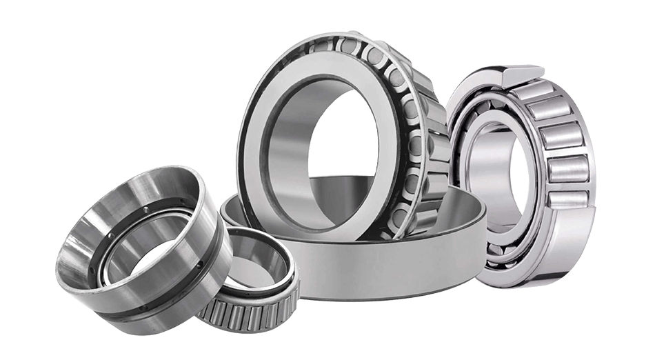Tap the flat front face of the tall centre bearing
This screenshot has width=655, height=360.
(x=265, y=138)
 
